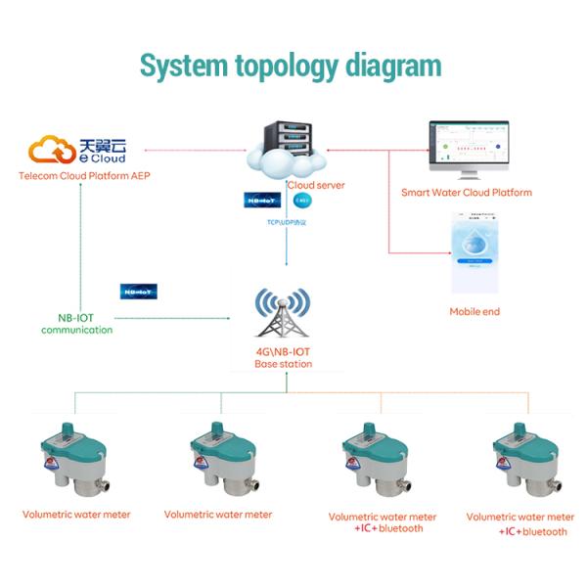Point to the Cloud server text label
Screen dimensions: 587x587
pyautogui.click(x=315, y=185)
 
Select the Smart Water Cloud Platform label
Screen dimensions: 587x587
pyautogui.click(x=467, y=193)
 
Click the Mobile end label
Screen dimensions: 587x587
pyautogui.click(x=474, y=311)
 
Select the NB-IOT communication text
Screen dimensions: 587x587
pyautogui.click(x=76, y=324)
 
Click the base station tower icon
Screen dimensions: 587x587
pyautogui.click(x=284, y=313)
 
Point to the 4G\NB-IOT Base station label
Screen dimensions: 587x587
pyautogui.click(x=284, y=358)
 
